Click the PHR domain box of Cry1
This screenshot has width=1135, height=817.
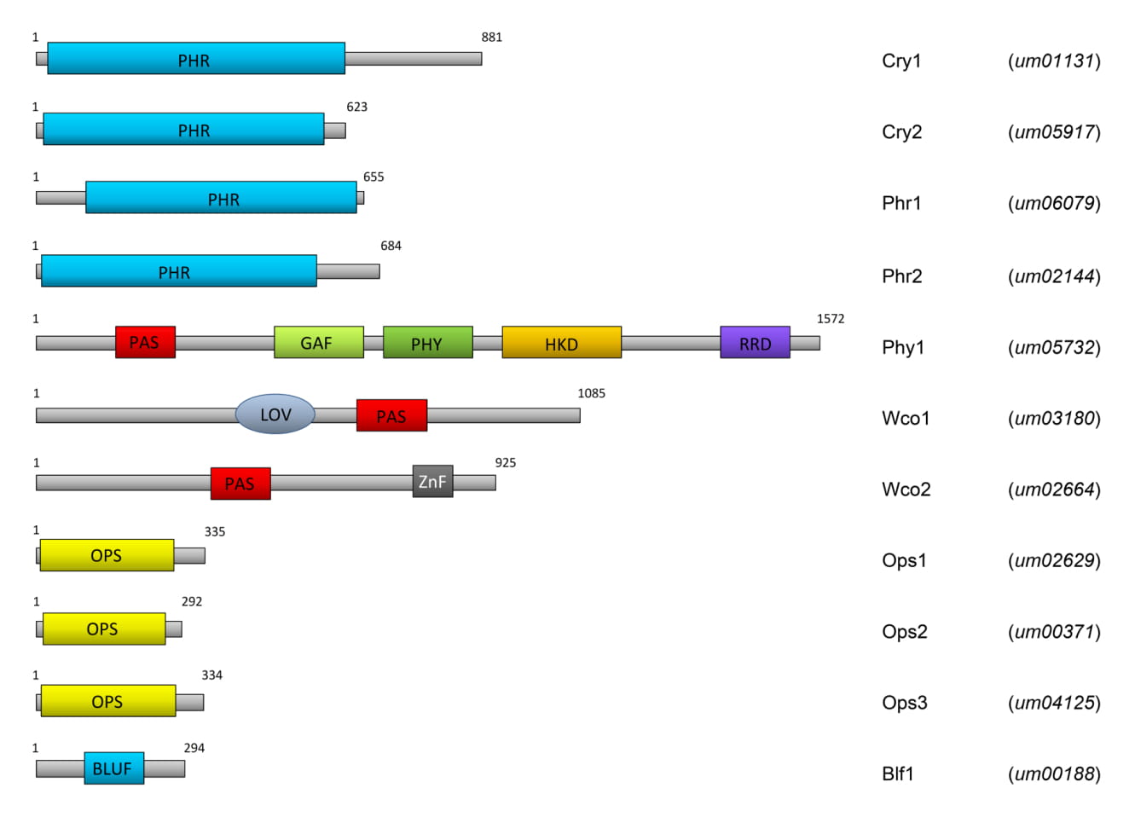click(196, 58)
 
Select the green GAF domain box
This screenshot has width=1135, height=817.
click(318, 342)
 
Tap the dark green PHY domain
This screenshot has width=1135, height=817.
click(427, 343)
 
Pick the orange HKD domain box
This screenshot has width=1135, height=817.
click(561, 343)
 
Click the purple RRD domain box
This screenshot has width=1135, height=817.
click(755, 343)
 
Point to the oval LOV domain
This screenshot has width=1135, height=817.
click(275, 414)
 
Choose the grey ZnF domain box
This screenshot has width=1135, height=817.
click(432, 482)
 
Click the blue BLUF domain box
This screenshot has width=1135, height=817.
click(113, 768)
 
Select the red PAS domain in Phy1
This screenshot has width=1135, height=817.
click(145, 342)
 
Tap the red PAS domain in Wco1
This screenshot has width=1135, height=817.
click(391, 415)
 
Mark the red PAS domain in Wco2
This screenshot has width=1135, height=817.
click(240, 484)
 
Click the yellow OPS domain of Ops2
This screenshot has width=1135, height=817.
click(104, 629)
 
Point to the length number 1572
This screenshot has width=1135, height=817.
click(830, 319)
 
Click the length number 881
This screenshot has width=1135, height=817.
click(492, 38)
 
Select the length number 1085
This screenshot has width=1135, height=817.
click(591, 393)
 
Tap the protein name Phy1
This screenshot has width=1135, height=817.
click(903, 347)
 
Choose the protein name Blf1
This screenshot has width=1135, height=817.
click(898, 774)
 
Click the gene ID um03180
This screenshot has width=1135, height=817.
click(1054, 419)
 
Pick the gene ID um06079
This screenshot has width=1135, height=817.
click(1054, 203)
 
